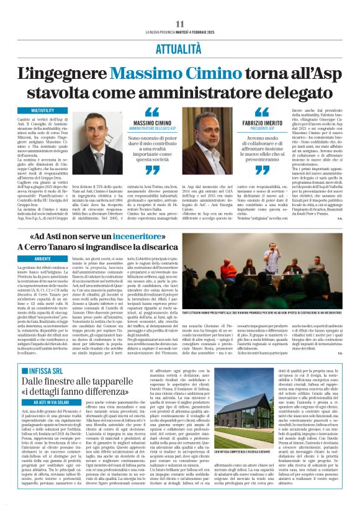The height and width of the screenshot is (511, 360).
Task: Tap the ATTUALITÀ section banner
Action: [179, 48]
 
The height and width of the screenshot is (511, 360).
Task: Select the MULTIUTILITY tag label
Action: [42, 110]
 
